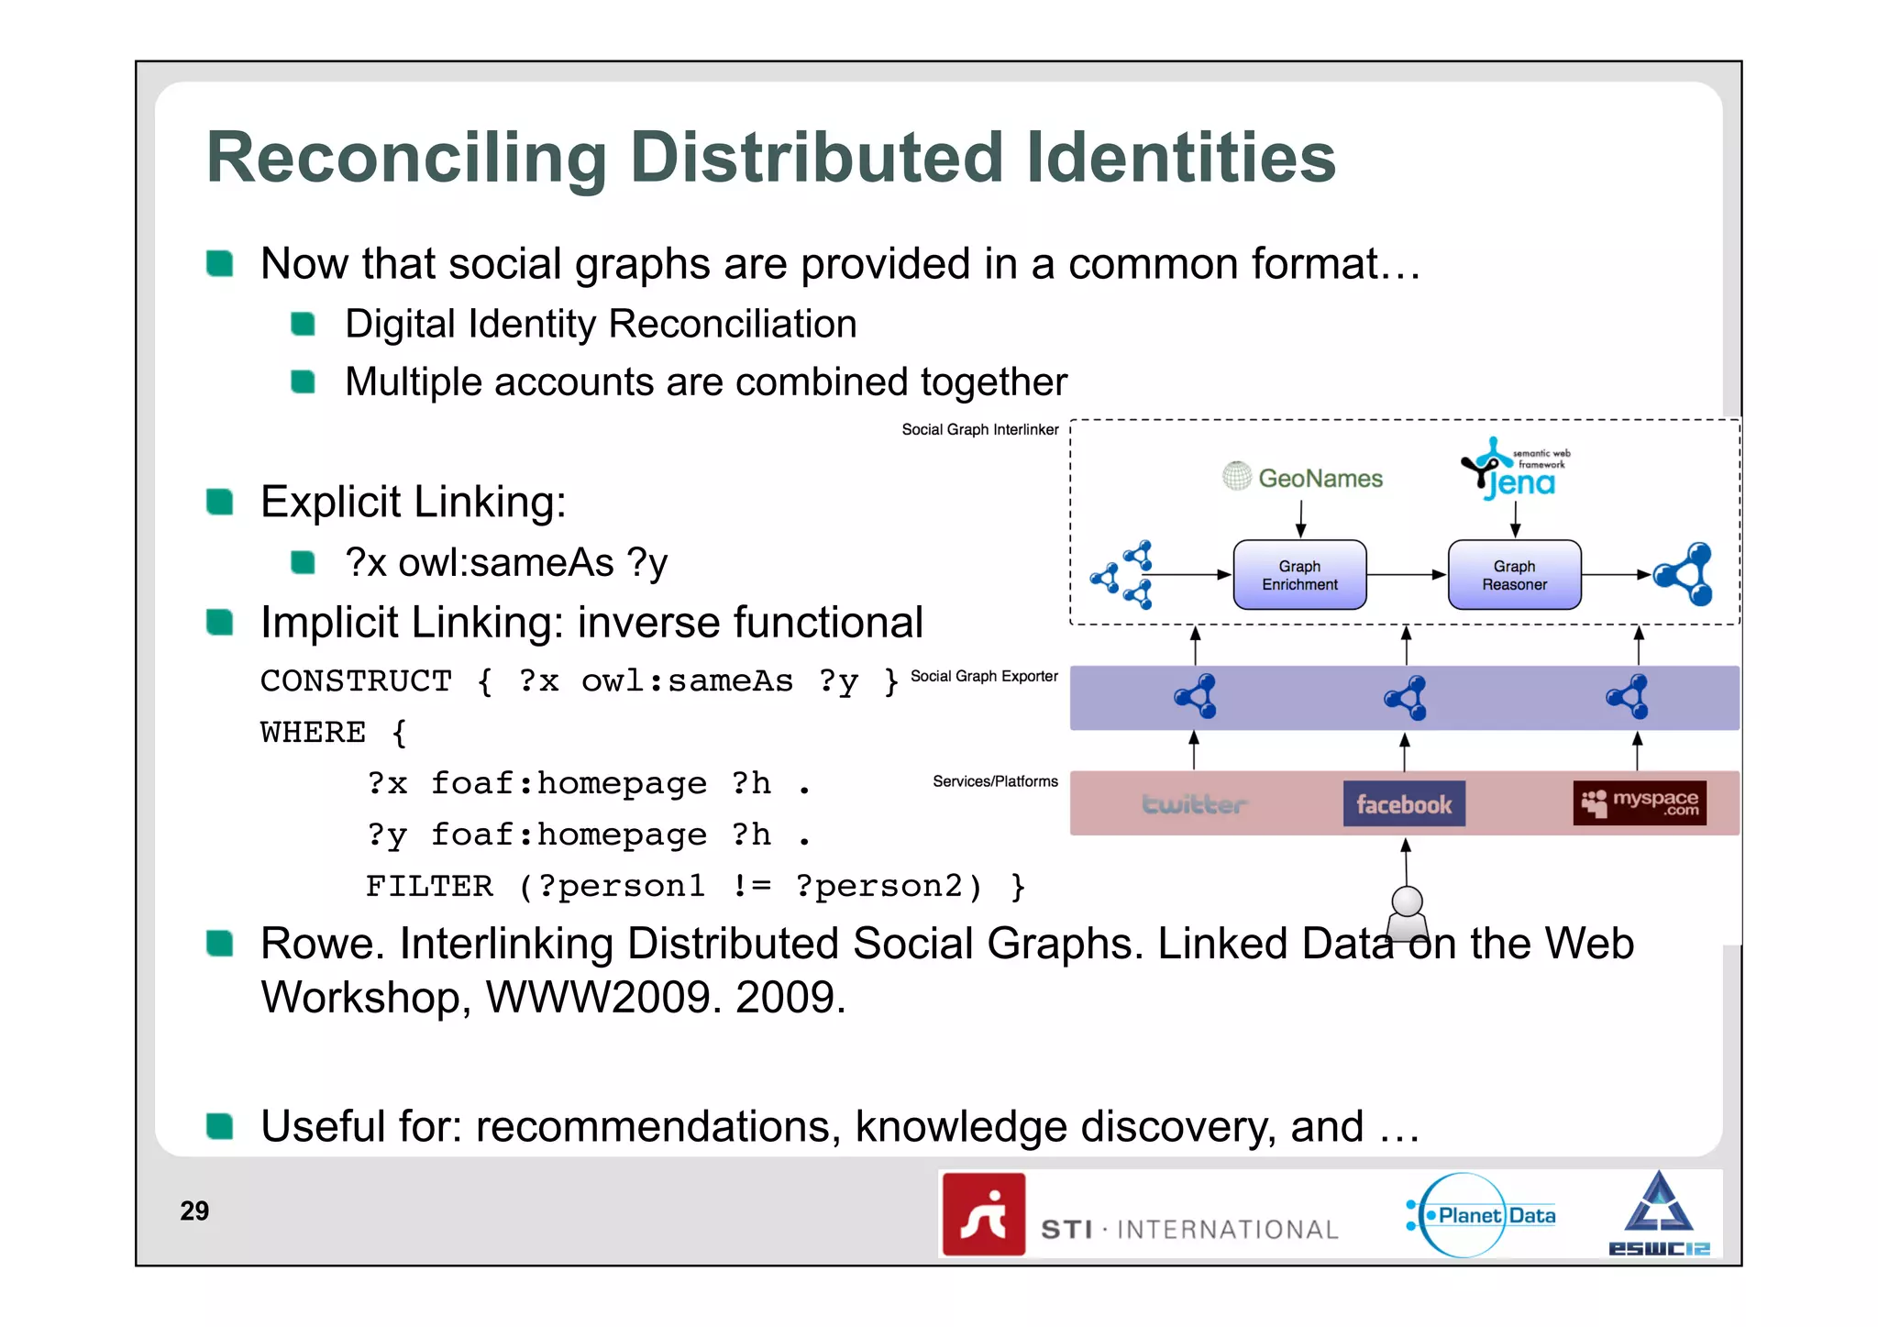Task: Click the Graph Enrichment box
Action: tap(1299, 575)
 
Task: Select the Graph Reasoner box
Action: tap(1514, 575)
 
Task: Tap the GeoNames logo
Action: tap(1303, 477)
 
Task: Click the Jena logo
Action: tap(1513, 470)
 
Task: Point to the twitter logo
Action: tap(1193, 804)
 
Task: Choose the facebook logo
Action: tap(1404, 804)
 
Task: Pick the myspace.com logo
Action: tap(1640, 803)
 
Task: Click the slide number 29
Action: tap(194, 1211)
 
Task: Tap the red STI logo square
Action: tap(984, 1214)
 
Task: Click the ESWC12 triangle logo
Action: tap(1659, 1212)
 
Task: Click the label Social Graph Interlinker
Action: tap(979, 429)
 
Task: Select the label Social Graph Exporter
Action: tap(984, 676)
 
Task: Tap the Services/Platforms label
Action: tap(995, 781)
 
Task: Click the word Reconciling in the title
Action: tap(406, 158)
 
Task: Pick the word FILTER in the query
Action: tap(429, 886)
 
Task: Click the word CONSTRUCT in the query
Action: tap(356, 680)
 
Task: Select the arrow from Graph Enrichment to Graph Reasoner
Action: tap(1407, 575)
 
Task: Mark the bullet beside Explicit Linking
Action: tap(220, 502)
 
